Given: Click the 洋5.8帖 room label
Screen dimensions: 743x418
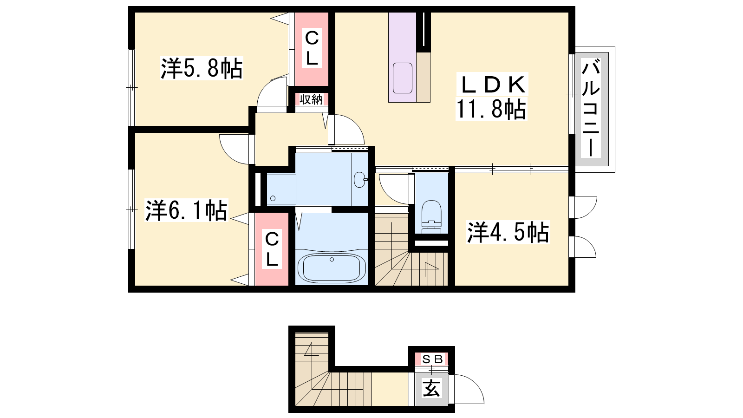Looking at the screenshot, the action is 202,68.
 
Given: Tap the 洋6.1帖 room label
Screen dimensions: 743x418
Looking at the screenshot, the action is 186,210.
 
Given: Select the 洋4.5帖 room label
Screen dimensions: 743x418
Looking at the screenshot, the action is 508,232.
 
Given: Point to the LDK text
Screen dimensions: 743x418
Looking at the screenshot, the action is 492,85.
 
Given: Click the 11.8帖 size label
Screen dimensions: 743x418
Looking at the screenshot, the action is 491,109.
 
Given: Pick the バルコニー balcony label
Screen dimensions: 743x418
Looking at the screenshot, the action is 591,108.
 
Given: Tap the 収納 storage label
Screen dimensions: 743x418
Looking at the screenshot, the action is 311,99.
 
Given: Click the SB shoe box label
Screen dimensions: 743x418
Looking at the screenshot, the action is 432,359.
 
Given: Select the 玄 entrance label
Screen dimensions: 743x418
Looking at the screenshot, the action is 431,388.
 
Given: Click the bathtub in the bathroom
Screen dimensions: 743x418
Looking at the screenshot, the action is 332,268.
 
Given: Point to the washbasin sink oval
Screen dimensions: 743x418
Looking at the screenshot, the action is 360,179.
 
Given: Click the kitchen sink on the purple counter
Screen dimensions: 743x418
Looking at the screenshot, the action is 402,78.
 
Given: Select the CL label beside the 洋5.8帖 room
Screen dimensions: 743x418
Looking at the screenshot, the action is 312,48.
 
